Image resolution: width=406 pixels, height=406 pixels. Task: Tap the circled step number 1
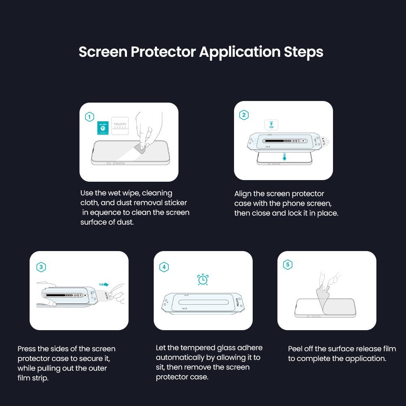tap(90, 117)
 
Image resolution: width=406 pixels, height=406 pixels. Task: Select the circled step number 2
tap(244, 115)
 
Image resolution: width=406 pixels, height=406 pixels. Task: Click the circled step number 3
tap(41, 267)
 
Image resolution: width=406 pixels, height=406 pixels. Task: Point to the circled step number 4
tap(164, 267)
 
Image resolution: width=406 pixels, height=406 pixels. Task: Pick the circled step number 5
tap(288, 265)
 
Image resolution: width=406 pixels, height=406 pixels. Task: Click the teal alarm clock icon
tap(203, 279)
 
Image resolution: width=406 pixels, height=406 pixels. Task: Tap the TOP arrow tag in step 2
tap(271, 125)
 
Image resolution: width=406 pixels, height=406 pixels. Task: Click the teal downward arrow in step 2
tap(284, 157)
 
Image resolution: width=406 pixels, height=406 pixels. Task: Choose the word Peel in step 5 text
tap(295, 349)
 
